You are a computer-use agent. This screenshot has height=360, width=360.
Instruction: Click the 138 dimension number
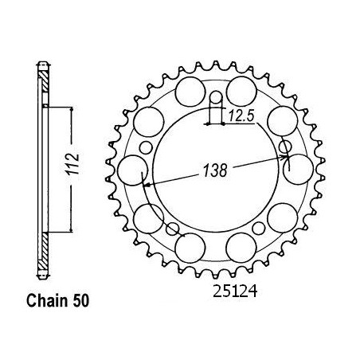[215, 170]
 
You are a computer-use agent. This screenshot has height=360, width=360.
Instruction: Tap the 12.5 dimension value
[241, 116]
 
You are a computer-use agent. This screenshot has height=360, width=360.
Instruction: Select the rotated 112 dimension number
[72, 164]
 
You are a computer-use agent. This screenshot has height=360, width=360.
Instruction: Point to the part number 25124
[235, 292]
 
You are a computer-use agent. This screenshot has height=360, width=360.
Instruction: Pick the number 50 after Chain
[80, 301]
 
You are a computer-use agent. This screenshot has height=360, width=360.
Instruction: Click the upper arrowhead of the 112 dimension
[71, 110]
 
